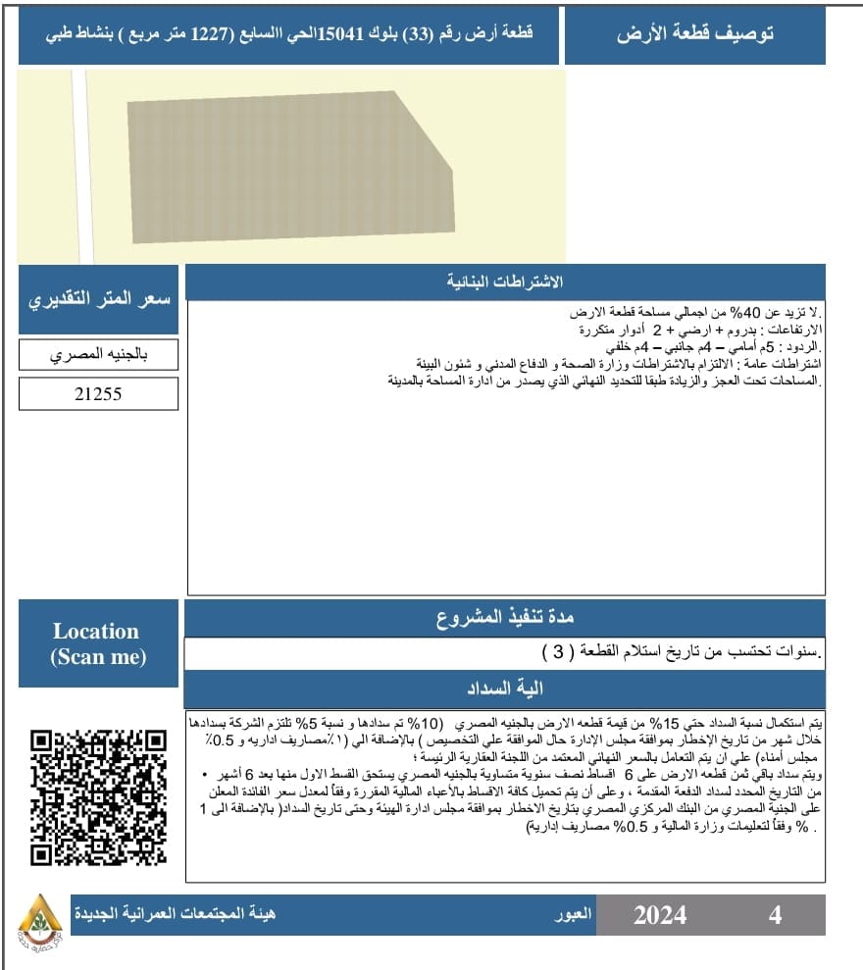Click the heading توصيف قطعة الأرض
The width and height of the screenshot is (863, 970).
[x=695, y=35]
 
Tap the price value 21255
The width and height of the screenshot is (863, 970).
[x=98, y=394]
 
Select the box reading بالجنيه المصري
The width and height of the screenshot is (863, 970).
[x=98, y=354]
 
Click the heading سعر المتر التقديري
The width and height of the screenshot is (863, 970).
[x=98, y=298]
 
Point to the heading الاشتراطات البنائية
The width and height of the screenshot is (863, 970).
[x=504, y=282]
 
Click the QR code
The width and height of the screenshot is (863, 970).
[x=98, y=795]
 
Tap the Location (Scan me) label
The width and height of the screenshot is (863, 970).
[x=97, y=644]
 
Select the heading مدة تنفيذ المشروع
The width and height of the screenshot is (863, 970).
[x=504, y=619]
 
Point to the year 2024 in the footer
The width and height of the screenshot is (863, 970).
[x=659, y=915]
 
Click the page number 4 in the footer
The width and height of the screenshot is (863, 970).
[x=775, y=915]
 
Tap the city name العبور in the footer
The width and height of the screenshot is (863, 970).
[x=573, y=914]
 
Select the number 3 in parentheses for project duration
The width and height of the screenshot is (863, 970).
[x=558, y=651]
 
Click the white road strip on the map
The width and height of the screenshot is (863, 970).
[x=81, y=167]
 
